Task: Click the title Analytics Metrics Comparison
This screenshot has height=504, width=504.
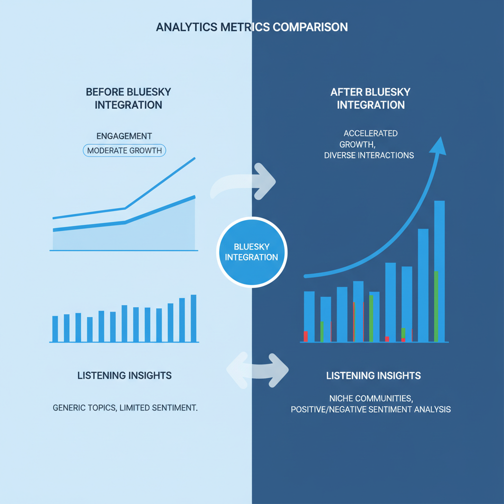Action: [252, 27]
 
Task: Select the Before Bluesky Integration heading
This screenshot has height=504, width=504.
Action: [128, 98]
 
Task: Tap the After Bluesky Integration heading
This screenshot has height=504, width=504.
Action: [370, 98]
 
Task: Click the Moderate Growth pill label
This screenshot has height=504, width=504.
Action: [124, 151]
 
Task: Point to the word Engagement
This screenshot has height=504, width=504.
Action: [124, 136]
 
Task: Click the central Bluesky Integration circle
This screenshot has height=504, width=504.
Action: [252, 252]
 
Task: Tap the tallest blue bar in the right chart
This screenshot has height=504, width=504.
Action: [440, 271]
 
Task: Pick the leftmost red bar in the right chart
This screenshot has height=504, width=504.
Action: [306, 337]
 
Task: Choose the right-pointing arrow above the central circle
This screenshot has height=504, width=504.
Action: [246, 182]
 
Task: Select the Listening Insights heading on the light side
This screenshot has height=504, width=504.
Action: [125, 376]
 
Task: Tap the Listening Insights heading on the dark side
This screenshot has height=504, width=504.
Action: [373, 376]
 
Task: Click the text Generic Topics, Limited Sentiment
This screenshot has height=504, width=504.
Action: [125, 408]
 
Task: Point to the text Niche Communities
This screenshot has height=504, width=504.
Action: [371, 398]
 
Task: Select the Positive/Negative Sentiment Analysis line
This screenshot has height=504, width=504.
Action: [371, 409]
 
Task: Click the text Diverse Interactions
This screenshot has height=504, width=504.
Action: [369, 155]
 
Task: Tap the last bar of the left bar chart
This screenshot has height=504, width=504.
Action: [193, 318]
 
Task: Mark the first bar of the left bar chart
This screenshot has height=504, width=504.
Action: [55, 329]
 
